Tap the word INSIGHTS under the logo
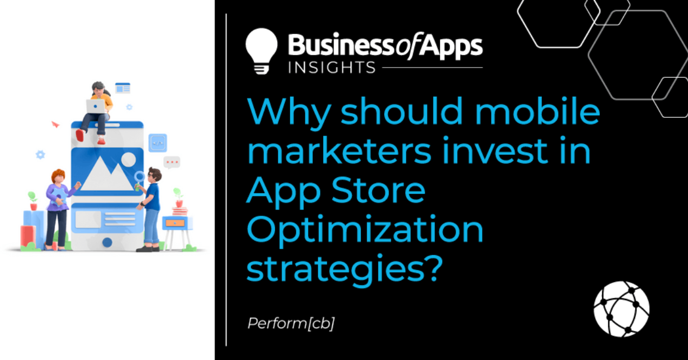332,68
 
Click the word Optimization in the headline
365,230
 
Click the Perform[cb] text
291,323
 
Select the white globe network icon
622,309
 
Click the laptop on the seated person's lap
97,106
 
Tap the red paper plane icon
55,124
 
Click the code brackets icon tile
157,143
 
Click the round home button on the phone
108,242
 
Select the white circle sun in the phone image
129,159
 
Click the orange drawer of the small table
175,222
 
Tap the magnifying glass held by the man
140,176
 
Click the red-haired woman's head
58,176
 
